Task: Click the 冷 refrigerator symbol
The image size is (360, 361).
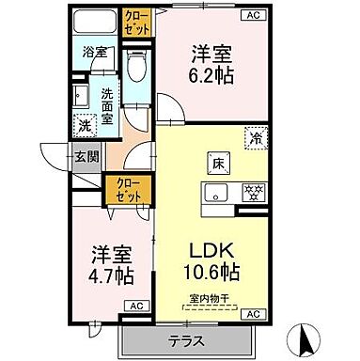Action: point(255,137)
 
